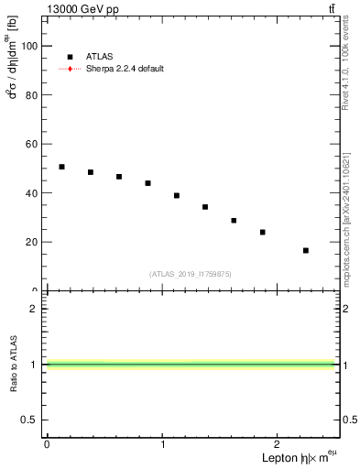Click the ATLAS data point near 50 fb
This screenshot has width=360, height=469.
(61, 167)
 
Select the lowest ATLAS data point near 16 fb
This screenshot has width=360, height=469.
(305, 250)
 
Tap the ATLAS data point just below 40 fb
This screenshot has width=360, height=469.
(177, 195)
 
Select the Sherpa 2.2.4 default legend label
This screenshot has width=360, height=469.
(126, 69)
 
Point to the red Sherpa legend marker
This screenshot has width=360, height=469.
(70, 69)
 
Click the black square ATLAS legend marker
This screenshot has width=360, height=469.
(70, 57)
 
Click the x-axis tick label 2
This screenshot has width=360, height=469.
(279, 443)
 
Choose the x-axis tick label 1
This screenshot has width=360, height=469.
(163, 443)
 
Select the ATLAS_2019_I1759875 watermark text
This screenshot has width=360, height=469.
(191, 273)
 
